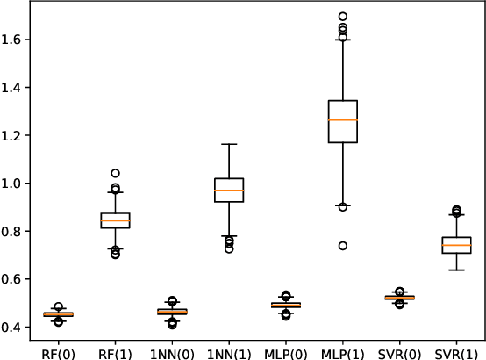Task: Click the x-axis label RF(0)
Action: pyautogui.click(x=58, y=350)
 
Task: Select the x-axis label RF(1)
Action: pyautogui.click(x=115, y=350)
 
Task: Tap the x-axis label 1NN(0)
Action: pyautogui.click(x=172, y=350)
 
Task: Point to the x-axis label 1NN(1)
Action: pyautogui.click(x=229, y=350)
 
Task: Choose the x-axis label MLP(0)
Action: pyautogui.click(x=286, y=350)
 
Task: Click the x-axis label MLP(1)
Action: pyautogui.click(x=343, y=350)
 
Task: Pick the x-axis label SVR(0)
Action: pyautogui.click(x=400, y=350)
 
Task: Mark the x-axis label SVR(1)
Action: pyautogui.click(x=457, y=350)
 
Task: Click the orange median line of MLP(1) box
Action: pyautogui.click(x=343, y=119)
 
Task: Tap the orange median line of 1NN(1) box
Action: pyautogui.click(x=229, y=191)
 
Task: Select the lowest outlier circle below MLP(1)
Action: pyautogui.click(x=343, y=246)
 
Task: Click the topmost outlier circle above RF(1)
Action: pyautogui.click(x=115, y=174)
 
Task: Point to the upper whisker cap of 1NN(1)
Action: pyautogui.click(x=229, y=144)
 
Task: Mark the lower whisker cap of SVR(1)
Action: pyautogui.click(x=457, y=270)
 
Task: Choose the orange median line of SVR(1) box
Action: pyautogui.click(x=457, y=245)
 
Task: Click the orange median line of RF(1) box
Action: pyautogui.click(x=115, y=221)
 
